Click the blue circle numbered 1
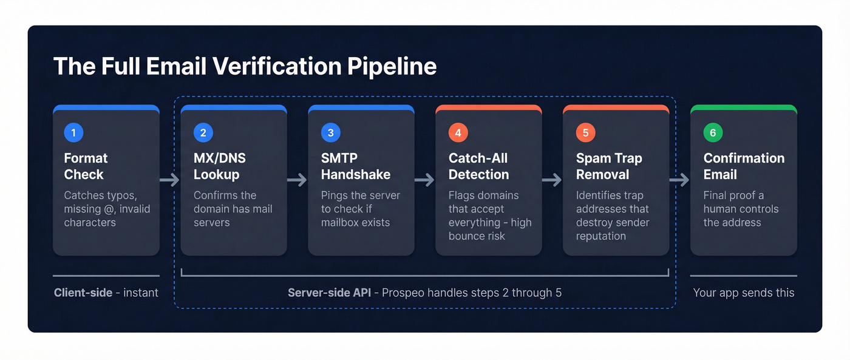[x=73, y=133]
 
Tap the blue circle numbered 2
[x=203, y=133]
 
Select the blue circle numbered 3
[x=330, y=133]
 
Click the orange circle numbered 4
[x=458, y=133]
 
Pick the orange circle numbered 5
[x=585, y=133]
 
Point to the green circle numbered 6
[x=713, y=133]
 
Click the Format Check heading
[x=86, y=166]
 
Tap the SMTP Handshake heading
[x=355, y=166]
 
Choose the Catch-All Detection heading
[x=478, y=166]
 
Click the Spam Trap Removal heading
[x=608, y=166]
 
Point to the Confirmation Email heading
[x=744, y=166]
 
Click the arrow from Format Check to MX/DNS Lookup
[x=170, y=180]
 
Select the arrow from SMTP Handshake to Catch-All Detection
[x=425, y=180]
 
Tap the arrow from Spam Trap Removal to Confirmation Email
[x=679, y=180]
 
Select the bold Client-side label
[x=83, y=293]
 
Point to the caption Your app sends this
[x=743, y=293]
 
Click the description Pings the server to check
[x=360, y=209]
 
